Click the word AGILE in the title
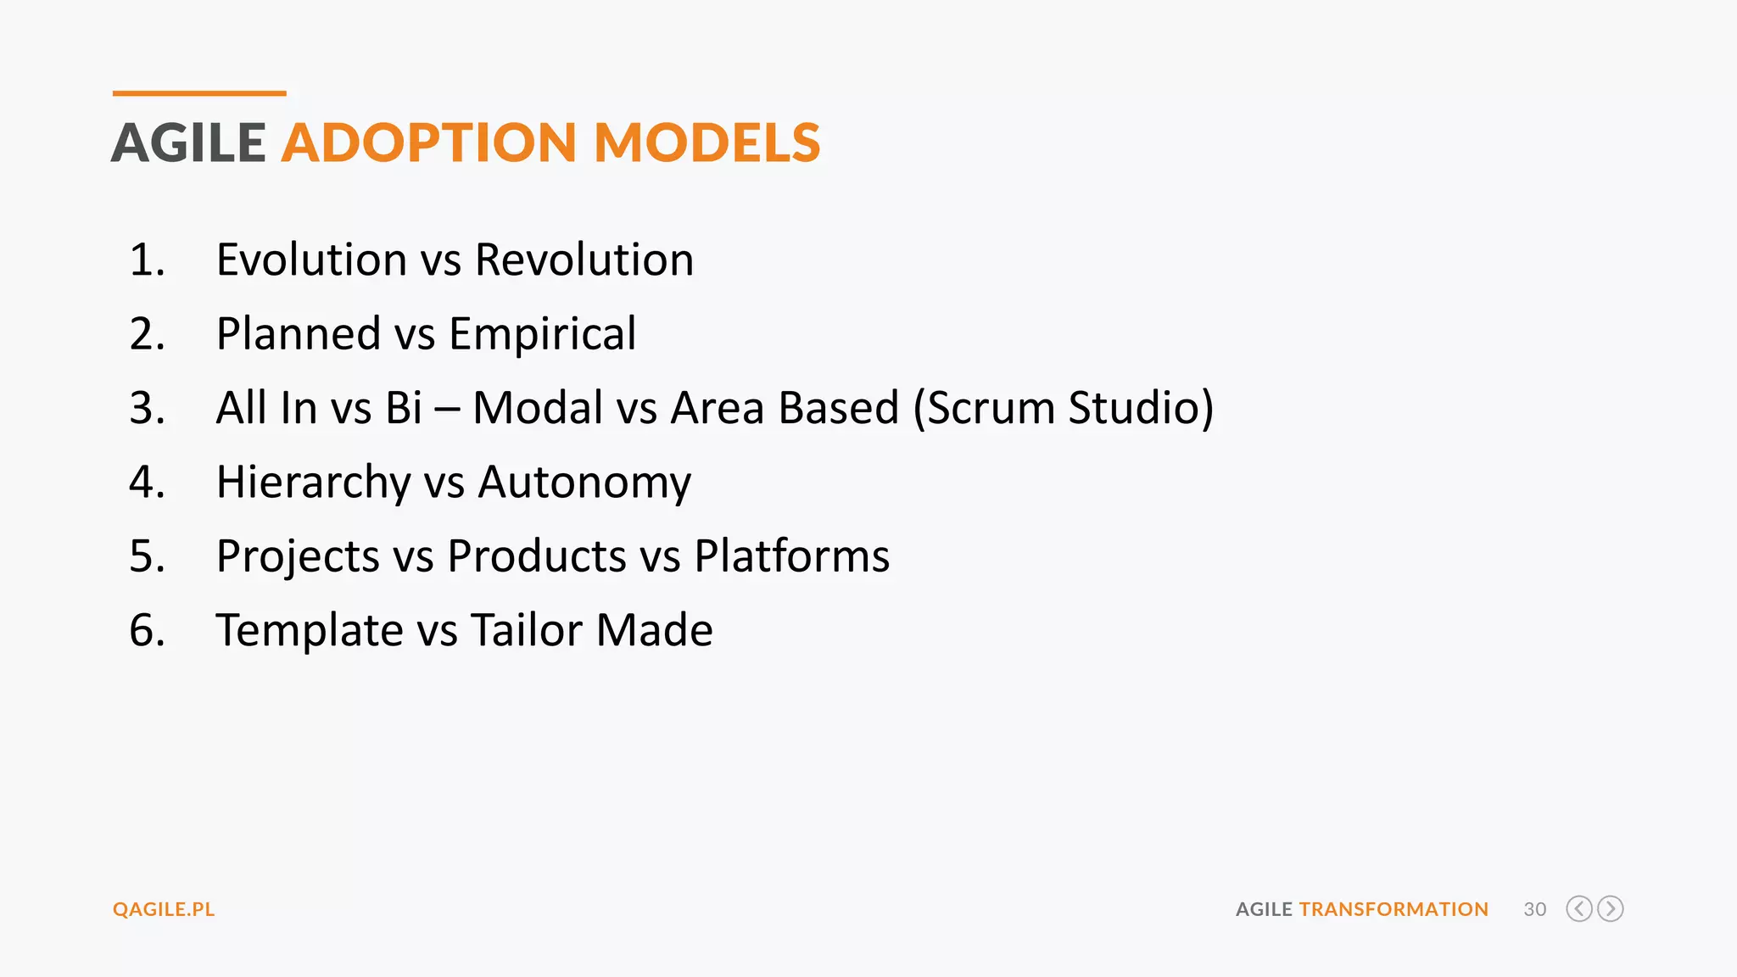(x=188, y=142)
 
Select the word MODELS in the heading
(x=707, y=142)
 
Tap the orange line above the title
(x=199, y=93)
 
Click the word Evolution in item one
(x=311, y=260)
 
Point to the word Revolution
(x=584, y=260)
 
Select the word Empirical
(x=542, y=333)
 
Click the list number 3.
(x=146, y=408)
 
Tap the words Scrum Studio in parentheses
(x=1064, y=408)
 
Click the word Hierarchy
(x=313, y=482)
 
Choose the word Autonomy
(x=584, y=482)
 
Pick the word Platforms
(x=791, y=556)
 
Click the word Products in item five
(x=537, y=556)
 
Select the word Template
(x=309, y=630)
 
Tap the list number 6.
(x=146, y=630)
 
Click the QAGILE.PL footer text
(x=164, y=909)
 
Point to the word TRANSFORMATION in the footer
(x=1393, y=909)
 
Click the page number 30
(x=1534, y=909)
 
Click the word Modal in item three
(x=538, y=408)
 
